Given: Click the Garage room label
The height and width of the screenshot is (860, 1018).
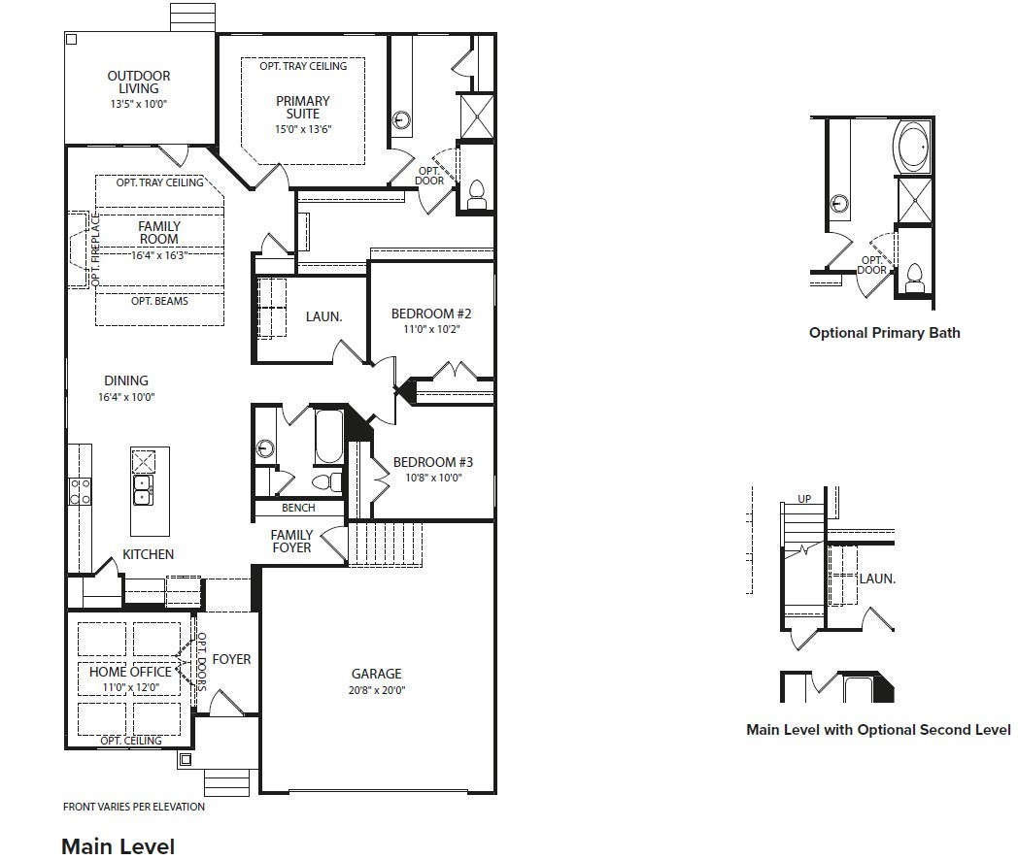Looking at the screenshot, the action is (377, 674).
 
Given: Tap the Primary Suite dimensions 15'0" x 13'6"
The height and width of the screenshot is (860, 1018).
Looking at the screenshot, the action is (303, 129).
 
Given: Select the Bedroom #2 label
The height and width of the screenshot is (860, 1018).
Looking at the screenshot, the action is (431, 314).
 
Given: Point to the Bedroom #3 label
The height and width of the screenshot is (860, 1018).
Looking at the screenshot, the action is (433, 462).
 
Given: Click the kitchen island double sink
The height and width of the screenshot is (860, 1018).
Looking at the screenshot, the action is (143, 490).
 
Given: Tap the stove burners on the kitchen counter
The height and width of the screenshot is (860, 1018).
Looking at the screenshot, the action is (80, 491).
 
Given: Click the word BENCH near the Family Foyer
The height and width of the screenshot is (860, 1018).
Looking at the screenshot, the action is (298, 508).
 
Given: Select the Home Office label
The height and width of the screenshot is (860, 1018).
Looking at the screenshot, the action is (130, 672).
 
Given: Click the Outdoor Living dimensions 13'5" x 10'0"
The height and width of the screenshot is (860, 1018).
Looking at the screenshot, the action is (139, 104).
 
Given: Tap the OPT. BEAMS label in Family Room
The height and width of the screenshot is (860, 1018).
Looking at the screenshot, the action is (159, 301).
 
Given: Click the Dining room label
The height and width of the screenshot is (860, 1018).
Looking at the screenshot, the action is (126, 380).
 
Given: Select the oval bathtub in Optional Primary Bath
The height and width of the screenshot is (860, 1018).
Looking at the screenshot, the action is (912, 147).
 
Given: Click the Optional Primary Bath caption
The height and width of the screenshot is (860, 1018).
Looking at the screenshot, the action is (884, 333).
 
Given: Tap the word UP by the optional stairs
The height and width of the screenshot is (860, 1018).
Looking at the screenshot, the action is (804, 499).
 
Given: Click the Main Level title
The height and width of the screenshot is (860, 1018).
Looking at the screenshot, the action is (119, 846).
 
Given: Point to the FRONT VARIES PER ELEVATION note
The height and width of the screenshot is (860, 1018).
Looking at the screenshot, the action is (134, 807).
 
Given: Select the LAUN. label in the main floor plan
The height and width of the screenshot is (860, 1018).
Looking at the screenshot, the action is (324, 317).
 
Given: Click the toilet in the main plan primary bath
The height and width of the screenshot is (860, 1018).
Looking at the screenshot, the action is (477, 195).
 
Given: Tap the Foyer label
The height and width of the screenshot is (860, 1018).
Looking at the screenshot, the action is (232, 659).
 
